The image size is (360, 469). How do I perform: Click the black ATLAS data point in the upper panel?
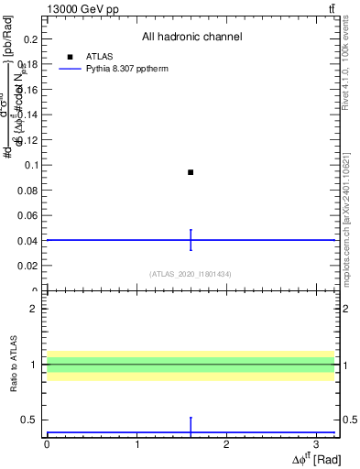point(191,172)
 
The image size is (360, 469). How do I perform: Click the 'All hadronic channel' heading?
point(191,37)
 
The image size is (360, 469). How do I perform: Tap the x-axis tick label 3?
point(316,443)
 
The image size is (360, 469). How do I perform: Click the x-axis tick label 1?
point(136,443)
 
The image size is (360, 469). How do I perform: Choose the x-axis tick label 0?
point(47,443)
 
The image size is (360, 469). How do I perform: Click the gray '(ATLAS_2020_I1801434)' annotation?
point(191,274)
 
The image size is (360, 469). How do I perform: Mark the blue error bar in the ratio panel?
point(191,426)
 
